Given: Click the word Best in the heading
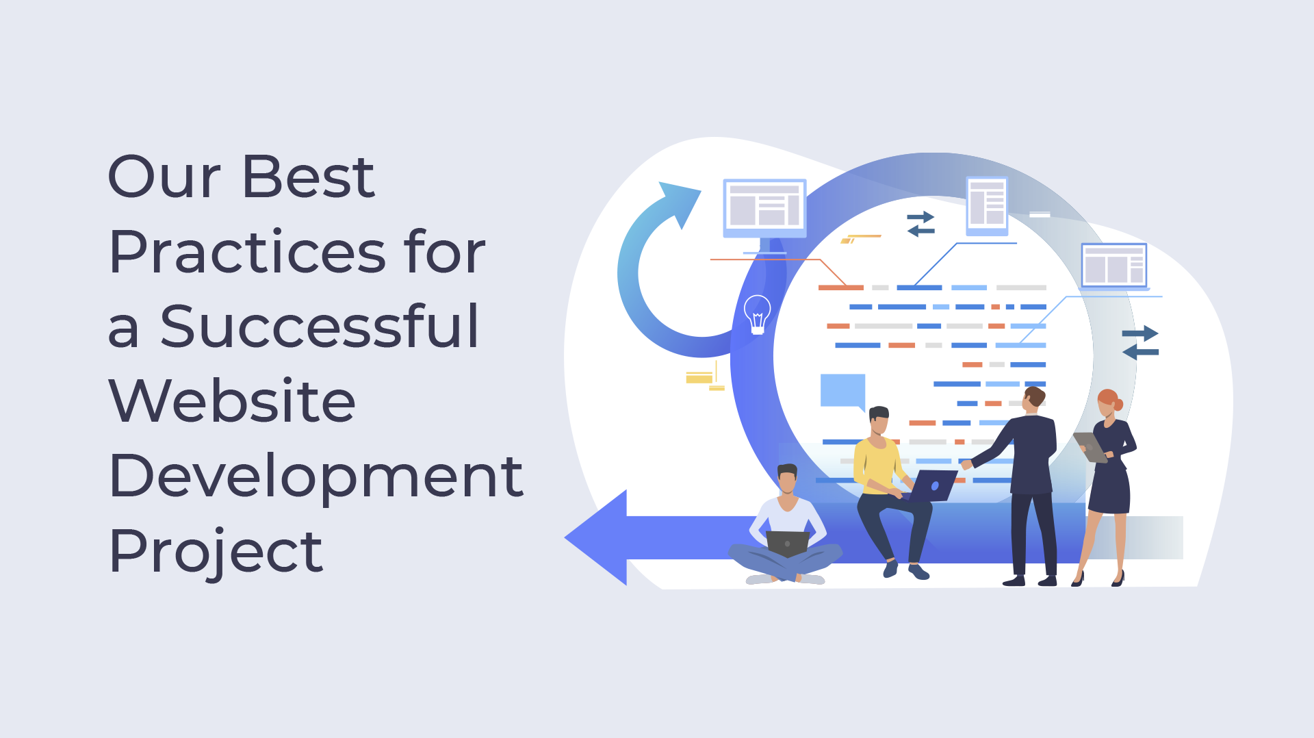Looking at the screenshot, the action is (x=308, y=177).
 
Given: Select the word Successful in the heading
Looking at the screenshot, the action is (x=319, y=326).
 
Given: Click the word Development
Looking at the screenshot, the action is (x=316, y=476).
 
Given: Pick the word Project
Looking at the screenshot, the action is (x=216, y=551).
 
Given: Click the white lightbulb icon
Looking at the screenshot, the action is (x=757, y=314).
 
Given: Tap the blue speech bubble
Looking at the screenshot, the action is (x=843, y=392).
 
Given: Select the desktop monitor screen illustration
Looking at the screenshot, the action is (x=764, y=208).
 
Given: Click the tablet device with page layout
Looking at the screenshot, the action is (x=987, y=205).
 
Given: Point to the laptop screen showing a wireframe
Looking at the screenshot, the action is (x=1114, y=266).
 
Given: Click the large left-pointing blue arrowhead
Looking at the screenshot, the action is (x=595, y=538).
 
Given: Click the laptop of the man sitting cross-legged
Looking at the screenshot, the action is (x=788, y=544).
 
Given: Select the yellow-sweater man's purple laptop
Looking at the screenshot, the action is (x=933, y=485).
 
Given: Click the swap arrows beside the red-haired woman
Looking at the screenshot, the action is (x=1140, y=343).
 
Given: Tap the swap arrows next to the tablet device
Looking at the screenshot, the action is (x=920, y=224).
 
